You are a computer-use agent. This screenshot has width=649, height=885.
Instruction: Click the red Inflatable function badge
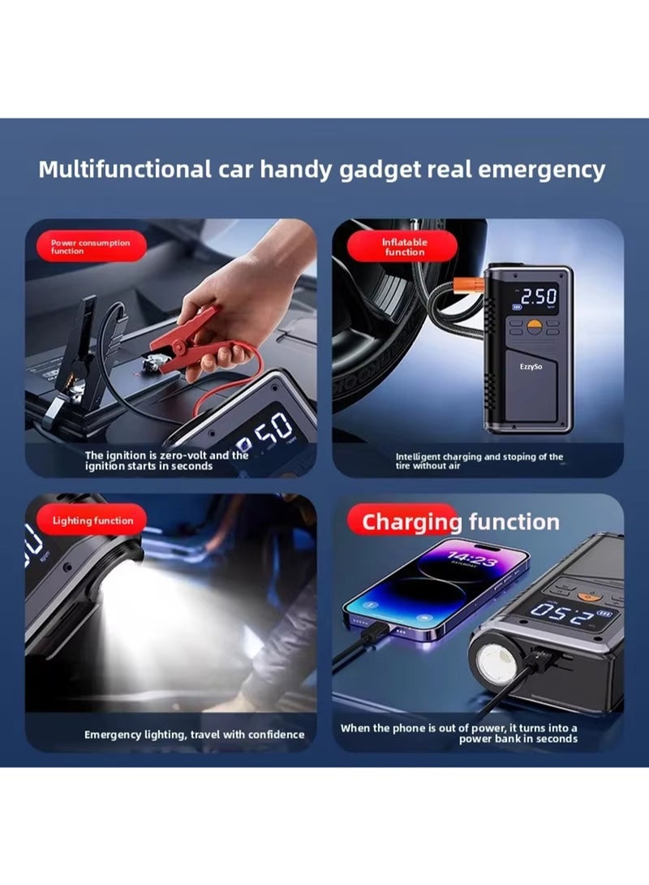point(405,246)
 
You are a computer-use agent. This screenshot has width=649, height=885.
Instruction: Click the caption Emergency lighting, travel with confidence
point(195,735)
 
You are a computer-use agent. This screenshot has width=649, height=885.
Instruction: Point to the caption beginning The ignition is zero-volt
point(166,460)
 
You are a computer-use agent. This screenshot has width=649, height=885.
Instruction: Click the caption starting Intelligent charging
point(479,461)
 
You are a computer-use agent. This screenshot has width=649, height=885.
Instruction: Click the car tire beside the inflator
point(381,325)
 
